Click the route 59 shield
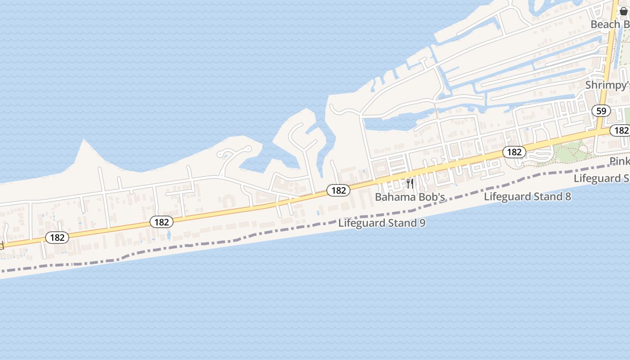click(601, 111)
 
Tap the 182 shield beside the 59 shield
click(621, 130)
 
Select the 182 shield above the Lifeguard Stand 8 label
click(514, 152)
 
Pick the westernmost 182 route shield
click(57, 237)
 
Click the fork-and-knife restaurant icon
click(409, 183)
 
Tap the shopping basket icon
click(623, 11)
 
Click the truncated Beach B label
click(610, 24)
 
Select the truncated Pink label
click(620, 161)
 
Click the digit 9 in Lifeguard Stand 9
click(422, 223)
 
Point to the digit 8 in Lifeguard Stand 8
click(568, 196)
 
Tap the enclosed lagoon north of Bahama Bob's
click(387, 122)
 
